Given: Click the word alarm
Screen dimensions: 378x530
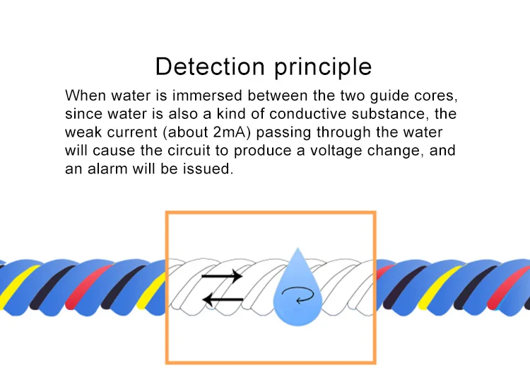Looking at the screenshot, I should (x=103, y=171).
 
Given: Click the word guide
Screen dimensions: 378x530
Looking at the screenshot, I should (x=396, y=96).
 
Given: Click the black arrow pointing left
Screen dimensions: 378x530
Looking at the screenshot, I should (x=223, y=300).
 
